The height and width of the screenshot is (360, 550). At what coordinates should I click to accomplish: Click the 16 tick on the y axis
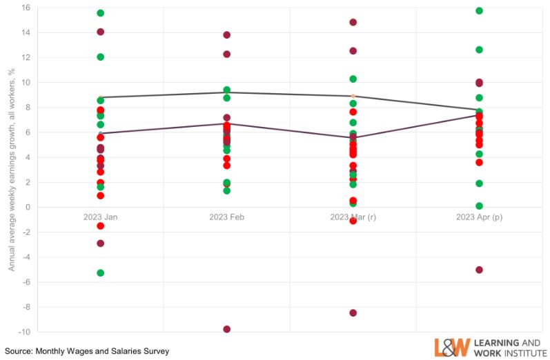pos(26,8)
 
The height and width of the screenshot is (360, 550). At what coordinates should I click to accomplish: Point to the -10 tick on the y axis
pos(24,332)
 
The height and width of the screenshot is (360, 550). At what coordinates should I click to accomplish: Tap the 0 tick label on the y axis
pos(28,207)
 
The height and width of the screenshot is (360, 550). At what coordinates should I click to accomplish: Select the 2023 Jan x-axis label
pos(100,217)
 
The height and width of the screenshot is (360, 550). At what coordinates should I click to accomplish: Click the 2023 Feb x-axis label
pos(226,217)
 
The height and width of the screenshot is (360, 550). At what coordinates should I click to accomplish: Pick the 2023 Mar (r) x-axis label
pos(353,217)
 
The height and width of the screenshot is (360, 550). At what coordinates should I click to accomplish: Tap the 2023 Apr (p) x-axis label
pos(479,217)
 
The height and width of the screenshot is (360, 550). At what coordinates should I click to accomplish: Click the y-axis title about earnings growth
pos(12,169)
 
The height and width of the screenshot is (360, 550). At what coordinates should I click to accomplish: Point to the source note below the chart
pos(87,351)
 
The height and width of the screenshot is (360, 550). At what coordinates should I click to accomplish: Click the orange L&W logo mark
pos(452,347)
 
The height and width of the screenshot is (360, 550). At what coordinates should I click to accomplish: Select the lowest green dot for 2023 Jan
pos(100,273)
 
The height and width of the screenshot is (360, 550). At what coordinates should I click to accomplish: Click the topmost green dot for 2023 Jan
pos(100,13)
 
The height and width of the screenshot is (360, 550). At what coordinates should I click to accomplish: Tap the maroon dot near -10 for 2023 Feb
pos(226,329)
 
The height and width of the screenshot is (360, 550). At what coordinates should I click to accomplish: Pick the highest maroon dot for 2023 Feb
pos(226,35)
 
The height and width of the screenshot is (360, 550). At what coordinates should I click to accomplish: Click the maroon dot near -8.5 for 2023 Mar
pos(353,313)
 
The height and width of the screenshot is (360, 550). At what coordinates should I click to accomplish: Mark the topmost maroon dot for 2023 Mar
pos(353,22)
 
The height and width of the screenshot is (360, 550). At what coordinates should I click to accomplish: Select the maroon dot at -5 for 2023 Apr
pos(479,270)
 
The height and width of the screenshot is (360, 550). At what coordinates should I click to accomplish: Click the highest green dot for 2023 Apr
pos(479,10)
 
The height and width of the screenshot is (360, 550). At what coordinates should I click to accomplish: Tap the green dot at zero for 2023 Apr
pos(479,206)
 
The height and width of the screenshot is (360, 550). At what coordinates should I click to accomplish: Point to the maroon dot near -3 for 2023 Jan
pos(100,243)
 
